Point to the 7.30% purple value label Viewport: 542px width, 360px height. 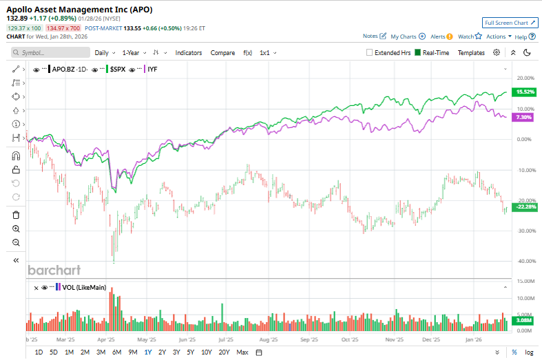click(523, 117)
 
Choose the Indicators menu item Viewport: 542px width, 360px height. click(189, 52)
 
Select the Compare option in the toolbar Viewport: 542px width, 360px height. click(222, 52)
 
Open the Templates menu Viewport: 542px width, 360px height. click(471, 52)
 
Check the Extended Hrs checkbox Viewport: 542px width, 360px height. click(371, 52)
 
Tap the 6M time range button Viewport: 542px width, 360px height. click(116, 352)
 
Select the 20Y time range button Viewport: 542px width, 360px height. click(224, 352)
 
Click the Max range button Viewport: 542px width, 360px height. click(242, 352)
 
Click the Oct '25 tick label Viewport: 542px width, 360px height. click(350, 339)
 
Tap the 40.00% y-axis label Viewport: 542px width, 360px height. click(525, 261)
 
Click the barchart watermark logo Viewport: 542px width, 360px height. click(54, 270)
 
